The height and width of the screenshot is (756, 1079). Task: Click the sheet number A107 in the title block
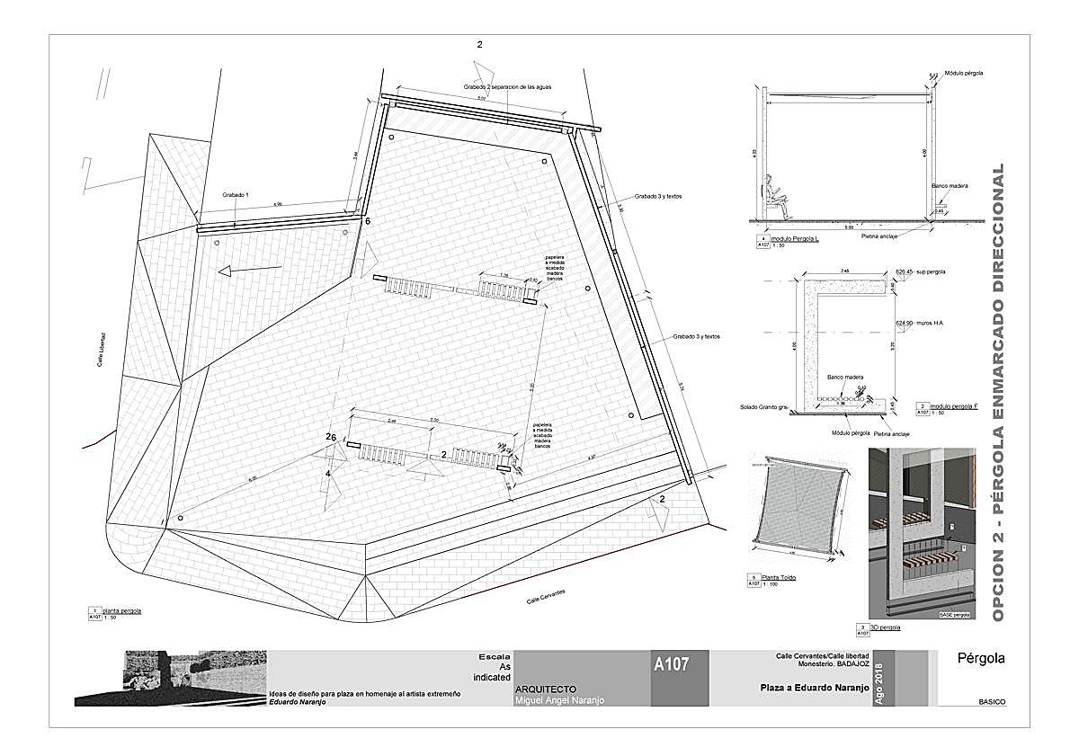pos(672,665)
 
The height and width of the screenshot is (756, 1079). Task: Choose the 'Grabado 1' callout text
pos(235,195)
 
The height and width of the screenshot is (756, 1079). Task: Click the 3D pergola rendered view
pos(922,535)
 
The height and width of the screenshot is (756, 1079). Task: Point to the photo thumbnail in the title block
pos(171,677)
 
